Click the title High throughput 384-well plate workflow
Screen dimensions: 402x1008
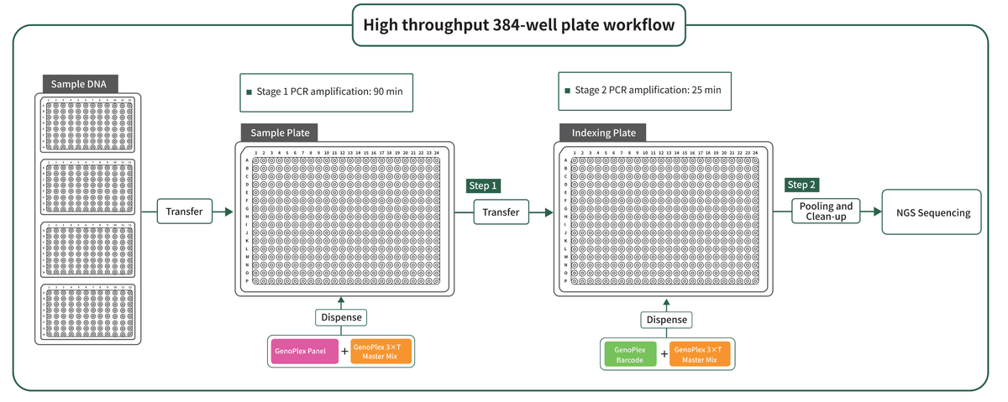[518, 24]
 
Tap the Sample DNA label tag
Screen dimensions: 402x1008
[79, 84]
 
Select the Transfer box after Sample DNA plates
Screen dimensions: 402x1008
[184, 211]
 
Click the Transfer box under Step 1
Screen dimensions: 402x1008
[501, 212]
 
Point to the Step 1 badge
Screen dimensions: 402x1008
[483, 185]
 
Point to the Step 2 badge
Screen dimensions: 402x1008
[801, 185]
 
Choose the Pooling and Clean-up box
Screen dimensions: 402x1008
[826, 211]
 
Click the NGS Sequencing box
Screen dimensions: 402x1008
[931, 212]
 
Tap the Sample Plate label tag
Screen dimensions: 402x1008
[280, 133]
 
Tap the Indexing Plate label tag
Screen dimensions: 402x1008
[603, 133]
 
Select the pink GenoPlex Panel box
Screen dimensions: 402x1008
[304, 351]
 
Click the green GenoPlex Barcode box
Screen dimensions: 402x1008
[629, 354]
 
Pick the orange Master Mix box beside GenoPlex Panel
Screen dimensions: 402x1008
[381, 351]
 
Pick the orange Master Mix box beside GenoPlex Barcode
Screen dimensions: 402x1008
[700, 354]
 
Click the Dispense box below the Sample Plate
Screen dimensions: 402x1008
[341, 317]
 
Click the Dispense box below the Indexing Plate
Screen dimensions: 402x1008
[667, 320]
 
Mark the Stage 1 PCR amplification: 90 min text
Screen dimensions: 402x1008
[328, 91]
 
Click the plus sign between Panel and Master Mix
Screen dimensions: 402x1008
[344, 352]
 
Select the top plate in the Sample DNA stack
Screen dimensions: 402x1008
[88, 125]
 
